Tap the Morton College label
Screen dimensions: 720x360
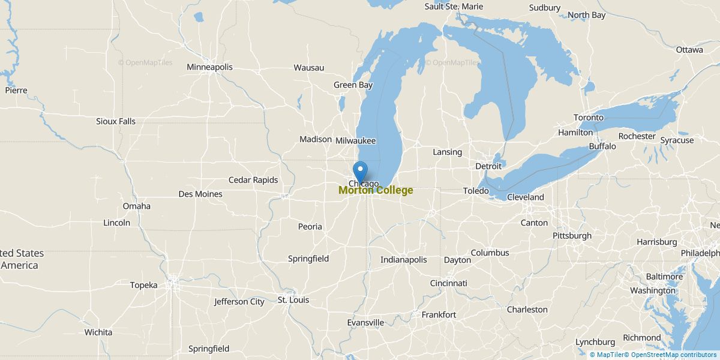pos(376,190)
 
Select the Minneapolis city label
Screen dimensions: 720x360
pos(209,67)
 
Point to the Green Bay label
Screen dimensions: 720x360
pos(353,85)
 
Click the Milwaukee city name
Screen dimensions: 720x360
pos(355,140)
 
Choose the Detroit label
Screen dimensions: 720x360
pos(488,166)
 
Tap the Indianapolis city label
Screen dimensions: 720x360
pos(403,260)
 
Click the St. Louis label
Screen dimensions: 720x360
pos(291,299)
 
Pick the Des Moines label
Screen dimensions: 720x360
pos(200,194)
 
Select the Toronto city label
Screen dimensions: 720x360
pos(587,118)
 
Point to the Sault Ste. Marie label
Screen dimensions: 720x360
pos(453,7)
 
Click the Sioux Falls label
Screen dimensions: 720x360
pos(116,121)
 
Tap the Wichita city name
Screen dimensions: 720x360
pos(98,332)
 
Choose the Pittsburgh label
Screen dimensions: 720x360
pos(572,236)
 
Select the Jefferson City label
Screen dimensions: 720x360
pos(239,302)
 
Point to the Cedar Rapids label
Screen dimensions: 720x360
pos(253,180)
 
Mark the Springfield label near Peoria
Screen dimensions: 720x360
pos(308,259)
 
